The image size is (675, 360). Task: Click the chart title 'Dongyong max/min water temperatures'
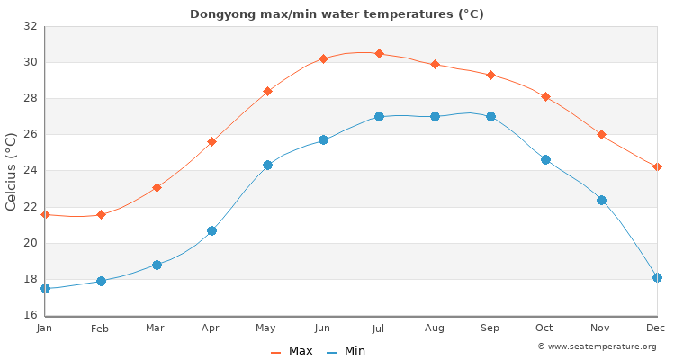click(x=337, y=13)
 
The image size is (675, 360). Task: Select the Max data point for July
click(x=379, y=53)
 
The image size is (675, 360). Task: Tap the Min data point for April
click(x=211, y=230)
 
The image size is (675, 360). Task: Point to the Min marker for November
click(x=601, y=200)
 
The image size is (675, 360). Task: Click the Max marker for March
click(x=157, y=187)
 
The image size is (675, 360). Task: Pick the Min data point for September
click(x=490, y=116)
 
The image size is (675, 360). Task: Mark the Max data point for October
click(x=545, y=96)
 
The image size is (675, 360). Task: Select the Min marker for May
click(x=267, y=165)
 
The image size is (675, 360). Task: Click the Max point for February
click(x=101, y=214)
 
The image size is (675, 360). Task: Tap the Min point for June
click(x=323, y=139)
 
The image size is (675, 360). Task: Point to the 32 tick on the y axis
click(x=30, y=26)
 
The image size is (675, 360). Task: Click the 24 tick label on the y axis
click(x=30, y=171)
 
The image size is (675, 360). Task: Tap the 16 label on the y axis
click(x=30, y=315)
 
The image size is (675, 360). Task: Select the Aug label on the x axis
click(x=435, y=328)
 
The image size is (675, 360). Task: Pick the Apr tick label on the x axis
click(x=211, y=328)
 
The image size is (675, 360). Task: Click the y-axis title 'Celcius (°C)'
click(x=12, y=171)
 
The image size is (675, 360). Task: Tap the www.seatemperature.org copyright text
click(x=597, y=346)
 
